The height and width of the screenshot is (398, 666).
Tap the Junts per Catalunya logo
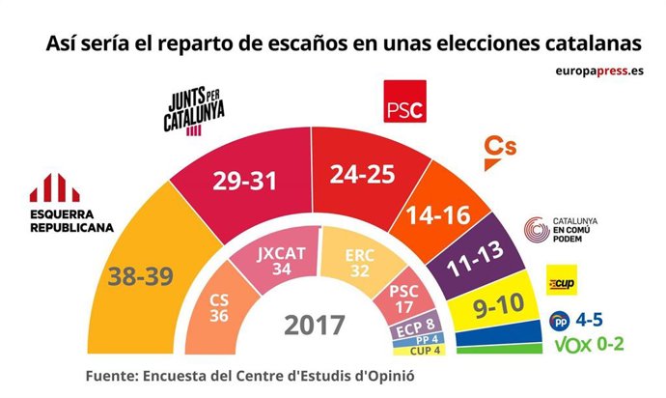pos(196,114)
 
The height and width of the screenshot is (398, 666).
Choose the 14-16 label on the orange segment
pos(438,215)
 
